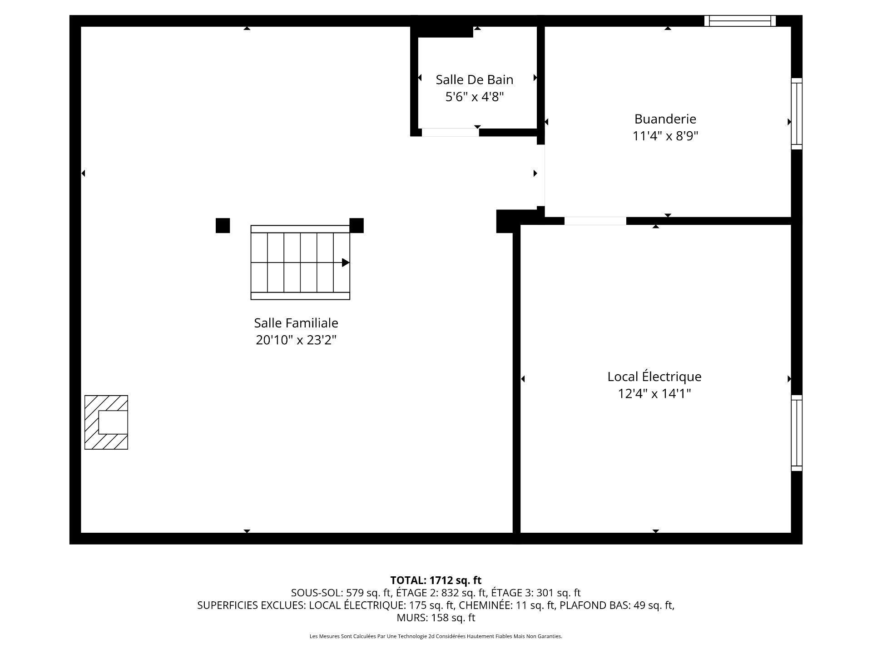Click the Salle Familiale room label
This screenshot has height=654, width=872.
(x=296, y=323)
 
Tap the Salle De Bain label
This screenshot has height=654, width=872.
(x=475, y=79)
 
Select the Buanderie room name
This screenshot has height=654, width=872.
(x=665, y=119)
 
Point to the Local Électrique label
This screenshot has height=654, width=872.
(x=654, y=377)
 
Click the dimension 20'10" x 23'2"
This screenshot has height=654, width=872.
(x=296, y=340)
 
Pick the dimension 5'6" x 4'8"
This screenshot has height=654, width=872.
(x=475, y=97)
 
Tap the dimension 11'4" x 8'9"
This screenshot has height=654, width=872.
(x=665, y=136)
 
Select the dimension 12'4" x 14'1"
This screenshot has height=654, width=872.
(x=654, y=393)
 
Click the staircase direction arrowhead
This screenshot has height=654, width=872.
(x=346, y=263)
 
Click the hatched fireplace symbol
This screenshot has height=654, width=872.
(x=106, y=422)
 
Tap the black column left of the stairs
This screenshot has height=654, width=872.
(x=223, y=226)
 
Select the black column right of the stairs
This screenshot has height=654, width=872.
(x=357, y=226)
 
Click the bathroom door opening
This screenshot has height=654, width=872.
(x=450, y=133)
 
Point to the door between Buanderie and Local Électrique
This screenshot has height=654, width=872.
(x=595, y=221)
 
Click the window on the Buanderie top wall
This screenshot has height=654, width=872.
(x=740, y=21)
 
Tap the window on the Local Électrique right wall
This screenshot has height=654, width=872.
(x=797, y=433)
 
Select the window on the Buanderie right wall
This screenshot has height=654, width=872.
(x=797, y=114)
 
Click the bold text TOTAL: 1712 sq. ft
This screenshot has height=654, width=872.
(x=436, y=580)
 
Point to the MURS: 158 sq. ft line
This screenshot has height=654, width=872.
(x=436, y=618)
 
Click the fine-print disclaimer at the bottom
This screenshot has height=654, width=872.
(x=436, y=636)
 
